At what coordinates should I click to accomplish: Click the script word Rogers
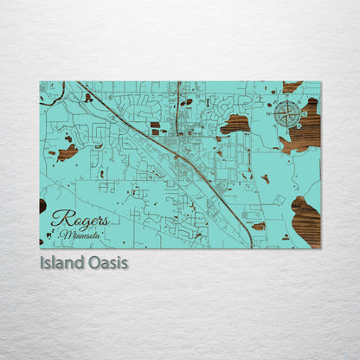click(80, 220)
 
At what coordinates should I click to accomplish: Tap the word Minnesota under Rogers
click(80, 235)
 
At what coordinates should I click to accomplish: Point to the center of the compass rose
click(287, 113)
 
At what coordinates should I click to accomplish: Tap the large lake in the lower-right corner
click(305, 221)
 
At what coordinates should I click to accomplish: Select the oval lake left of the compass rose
click(235, 124)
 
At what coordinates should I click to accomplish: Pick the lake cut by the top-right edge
click(292, 87)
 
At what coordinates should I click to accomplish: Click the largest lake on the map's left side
click(67, 152)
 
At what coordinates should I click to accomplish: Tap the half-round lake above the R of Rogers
click(42, 205)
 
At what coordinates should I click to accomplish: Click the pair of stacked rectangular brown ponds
click(155, 128)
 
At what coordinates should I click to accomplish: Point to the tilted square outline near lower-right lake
click(280, 200)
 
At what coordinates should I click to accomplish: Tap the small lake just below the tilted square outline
click(260, 226)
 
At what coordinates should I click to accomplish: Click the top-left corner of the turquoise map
click(40, 82)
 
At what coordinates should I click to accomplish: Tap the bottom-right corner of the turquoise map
click(320, 248)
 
